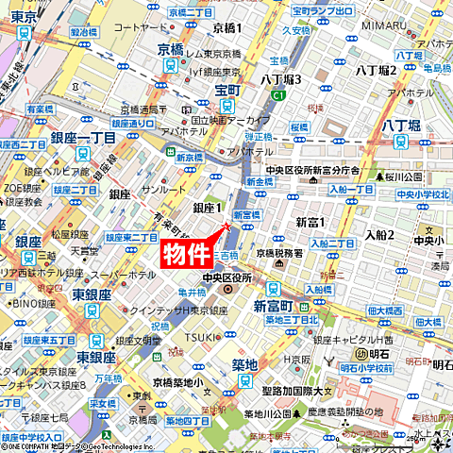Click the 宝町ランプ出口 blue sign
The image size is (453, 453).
click(322, 11)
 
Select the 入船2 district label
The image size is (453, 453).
click(379, 234)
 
